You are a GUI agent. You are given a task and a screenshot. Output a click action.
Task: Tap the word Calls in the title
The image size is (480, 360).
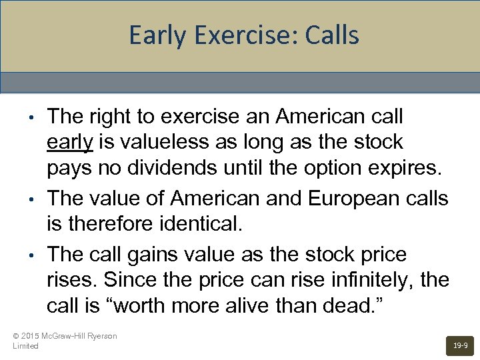(332, 35)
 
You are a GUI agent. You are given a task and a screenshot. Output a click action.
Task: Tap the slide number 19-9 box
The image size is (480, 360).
(460, 346)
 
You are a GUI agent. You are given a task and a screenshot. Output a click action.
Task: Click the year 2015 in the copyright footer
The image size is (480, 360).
(31, 336)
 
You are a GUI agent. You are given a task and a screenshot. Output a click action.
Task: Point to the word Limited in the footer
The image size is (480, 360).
(26, 346)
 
